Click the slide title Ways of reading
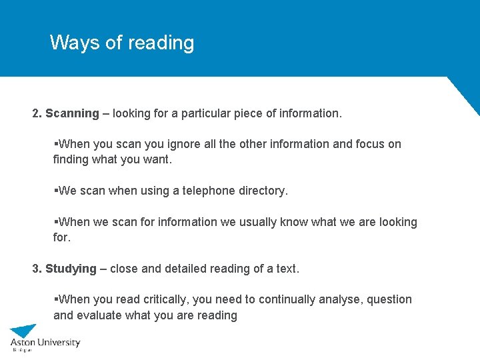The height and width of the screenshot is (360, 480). click(x=122, y=43)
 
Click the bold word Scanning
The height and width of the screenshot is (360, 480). click(x=72, y=113)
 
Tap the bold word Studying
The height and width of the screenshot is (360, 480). click(x=71, y=269)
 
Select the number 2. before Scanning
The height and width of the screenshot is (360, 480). click(x=37, y=113)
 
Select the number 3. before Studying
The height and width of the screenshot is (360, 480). click(x=37, y=269)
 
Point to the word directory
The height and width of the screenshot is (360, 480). click(x=262, y=191)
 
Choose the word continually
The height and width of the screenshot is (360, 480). click(x=269, y=300)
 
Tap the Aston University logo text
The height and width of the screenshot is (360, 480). click(x=45, y=343)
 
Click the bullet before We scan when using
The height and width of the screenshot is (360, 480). click(x=55, y=191)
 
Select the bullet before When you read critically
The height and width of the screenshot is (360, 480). click(x=55, y=300)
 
